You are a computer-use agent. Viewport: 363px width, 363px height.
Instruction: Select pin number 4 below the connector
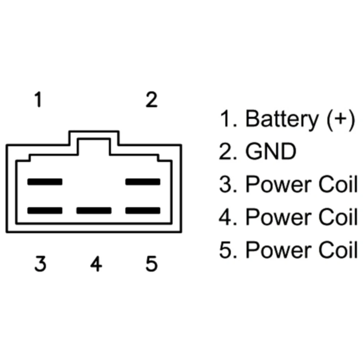(96, 264)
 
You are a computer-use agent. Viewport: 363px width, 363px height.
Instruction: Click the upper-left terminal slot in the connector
(45, 181)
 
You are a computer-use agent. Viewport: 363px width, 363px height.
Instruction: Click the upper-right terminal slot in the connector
(143, 181)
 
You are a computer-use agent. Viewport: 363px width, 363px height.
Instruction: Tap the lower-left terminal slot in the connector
(45, 210)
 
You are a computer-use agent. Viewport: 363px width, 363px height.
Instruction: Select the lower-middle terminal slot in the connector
(94, 210)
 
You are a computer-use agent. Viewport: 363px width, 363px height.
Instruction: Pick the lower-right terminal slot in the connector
(143, 210)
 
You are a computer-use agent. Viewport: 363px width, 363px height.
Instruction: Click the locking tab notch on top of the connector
(94, 143)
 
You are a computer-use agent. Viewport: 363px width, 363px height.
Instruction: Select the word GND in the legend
(270, 152)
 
